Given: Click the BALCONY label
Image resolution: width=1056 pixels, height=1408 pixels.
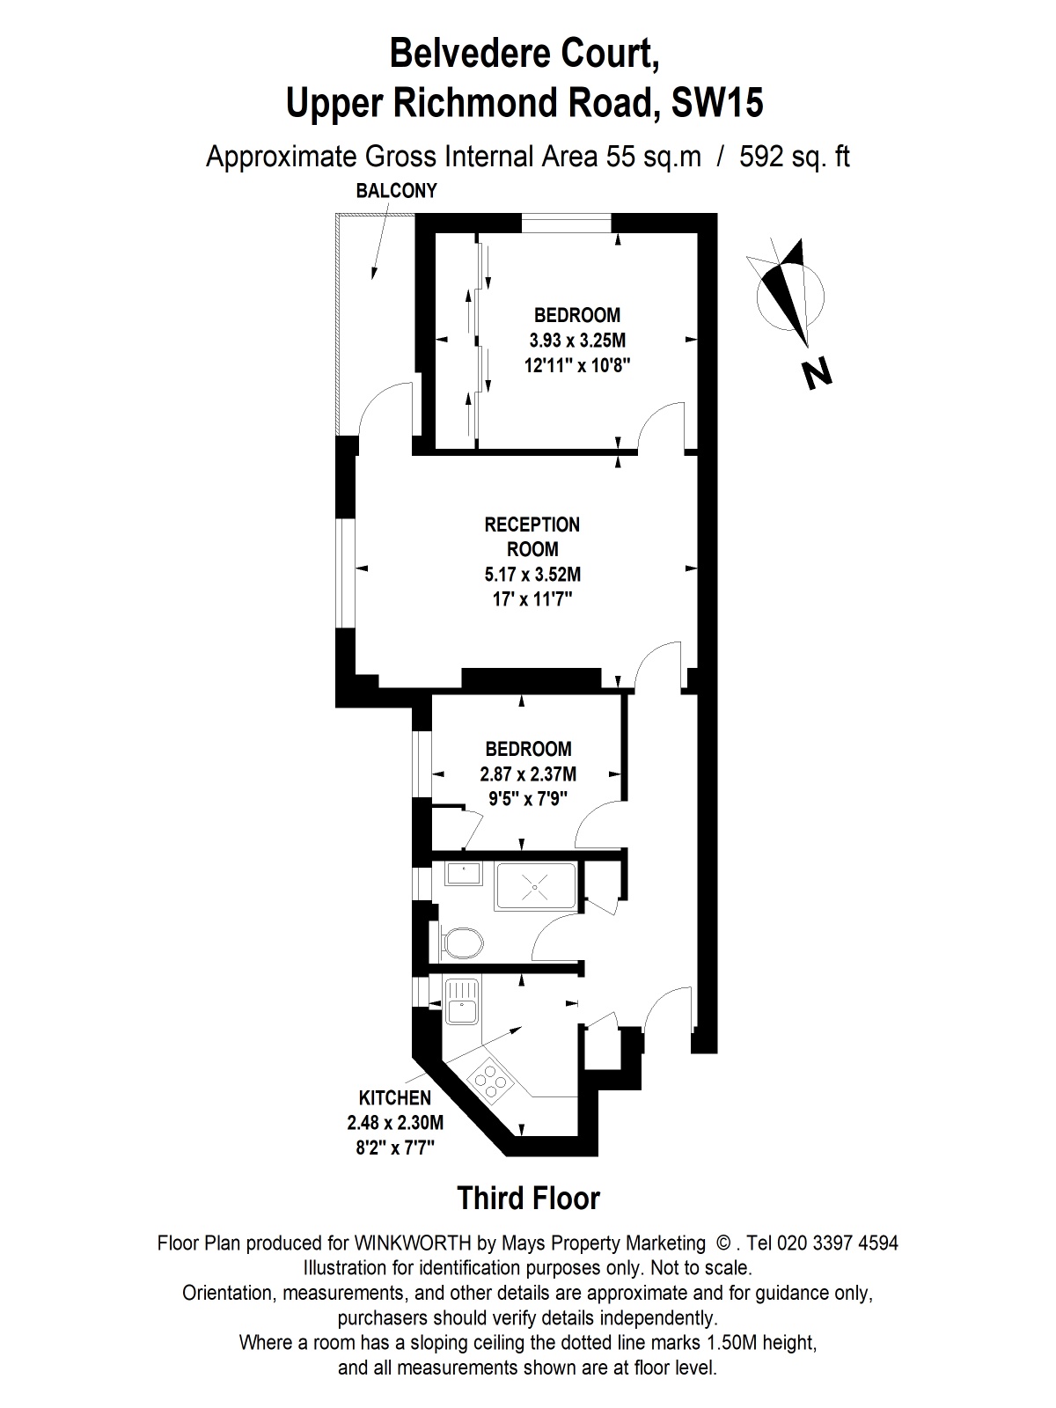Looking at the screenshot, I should click(396, 191).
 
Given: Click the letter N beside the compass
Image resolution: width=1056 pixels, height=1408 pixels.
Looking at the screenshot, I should click(818, 375).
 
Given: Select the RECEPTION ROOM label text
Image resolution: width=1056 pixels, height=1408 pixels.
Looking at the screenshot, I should click(532, 537).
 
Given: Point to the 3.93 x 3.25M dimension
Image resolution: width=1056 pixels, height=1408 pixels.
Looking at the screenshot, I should click(576, 340).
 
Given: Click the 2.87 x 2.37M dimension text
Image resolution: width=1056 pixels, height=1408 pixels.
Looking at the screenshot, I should click(527, 774).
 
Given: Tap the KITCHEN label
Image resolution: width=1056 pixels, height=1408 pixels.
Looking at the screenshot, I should click(395, 1098).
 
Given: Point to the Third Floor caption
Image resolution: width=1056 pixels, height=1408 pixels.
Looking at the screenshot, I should click(528, 1199).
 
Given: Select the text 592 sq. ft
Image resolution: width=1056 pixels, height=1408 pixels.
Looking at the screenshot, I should click(795, 157).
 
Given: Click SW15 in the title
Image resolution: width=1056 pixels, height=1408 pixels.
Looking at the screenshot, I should click(716, 104).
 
